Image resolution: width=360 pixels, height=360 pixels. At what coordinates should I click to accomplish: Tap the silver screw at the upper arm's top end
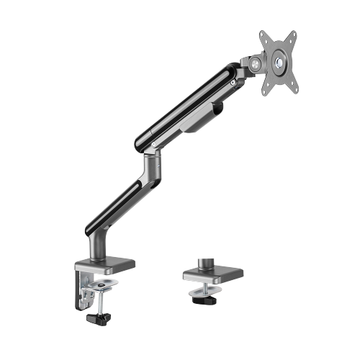click(x=233, y=83)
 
